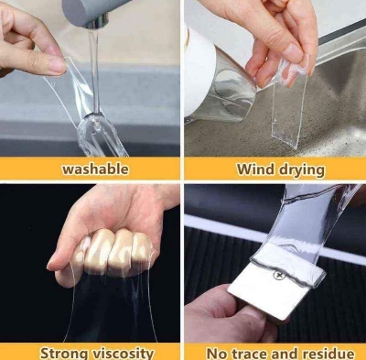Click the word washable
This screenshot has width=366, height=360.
coord(95,169)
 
